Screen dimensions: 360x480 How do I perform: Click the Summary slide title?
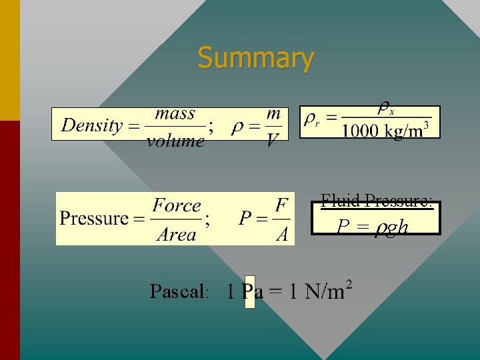255,58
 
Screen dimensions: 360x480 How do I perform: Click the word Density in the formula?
92,125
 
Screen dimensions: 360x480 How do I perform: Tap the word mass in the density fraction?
175,114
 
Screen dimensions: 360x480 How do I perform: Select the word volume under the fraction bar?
175,140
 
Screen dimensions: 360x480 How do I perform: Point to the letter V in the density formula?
273,141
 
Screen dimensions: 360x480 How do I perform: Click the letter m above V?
273,114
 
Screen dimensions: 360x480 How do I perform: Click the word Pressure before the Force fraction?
93,218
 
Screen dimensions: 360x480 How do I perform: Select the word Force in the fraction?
177,206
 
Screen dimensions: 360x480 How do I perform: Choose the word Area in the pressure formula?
177,235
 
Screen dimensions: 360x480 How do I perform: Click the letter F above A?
283,205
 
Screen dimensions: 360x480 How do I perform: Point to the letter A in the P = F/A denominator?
283,234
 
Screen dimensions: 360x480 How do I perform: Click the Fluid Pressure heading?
377,200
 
